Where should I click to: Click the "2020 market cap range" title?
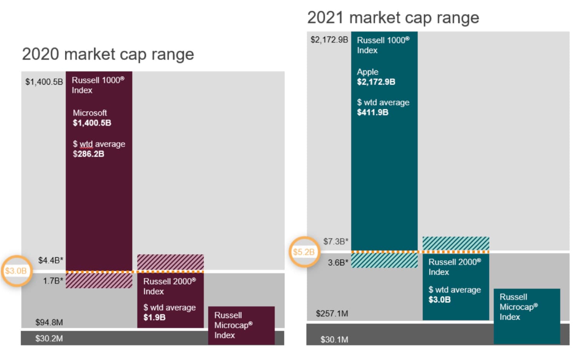pos(108,54)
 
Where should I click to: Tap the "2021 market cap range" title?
pos(393,18)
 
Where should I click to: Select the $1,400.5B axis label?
pos(44,82)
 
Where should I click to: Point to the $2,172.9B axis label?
pos(329,40)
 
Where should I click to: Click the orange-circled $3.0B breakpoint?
pos(16,271)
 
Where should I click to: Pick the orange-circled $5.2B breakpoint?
pos(304,252)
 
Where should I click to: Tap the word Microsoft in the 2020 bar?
pos(90,113)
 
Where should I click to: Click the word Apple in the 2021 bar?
pos(368,72)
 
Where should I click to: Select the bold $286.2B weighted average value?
pos(88,154)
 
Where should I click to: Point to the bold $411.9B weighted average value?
pos(373,112)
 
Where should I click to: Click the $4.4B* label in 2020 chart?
pos(50,260)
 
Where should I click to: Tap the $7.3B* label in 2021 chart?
pos(336,242)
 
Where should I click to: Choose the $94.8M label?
pos(49,322)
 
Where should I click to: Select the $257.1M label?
pos(332,313)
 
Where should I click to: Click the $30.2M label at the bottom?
pos(49,338)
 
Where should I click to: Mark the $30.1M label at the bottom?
pos(334,340)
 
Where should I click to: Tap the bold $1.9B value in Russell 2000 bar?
pos(154,317)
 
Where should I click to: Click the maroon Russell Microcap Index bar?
pos(241,325)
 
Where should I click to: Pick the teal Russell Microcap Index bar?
pos(526,315)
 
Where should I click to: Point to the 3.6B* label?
pos(338,263)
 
